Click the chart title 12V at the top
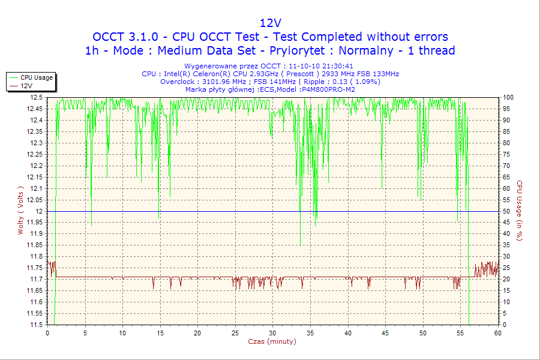click(270, 23)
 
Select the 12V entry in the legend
click(26, 86)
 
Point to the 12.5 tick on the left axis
click(36, 97)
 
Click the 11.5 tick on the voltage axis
click(36, 325)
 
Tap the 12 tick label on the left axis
click(40, 211)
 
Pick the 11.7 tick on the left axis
click(36, 279)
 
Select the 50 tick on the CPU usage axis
click(507, 211)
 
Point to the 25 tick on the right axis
click(507, 268)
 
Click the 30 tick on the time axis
click(273, 333)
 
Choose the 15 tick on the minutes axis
click(160, 333)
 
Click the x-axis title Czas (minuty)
click(272, 341)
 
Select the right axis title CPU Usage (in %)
click(520, 211)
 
